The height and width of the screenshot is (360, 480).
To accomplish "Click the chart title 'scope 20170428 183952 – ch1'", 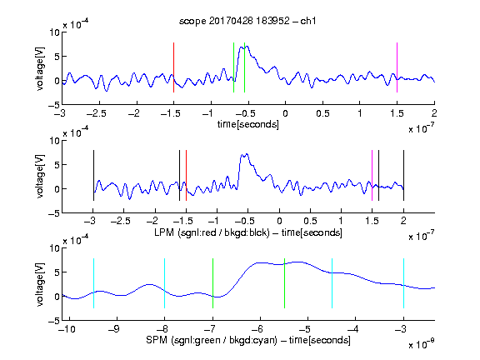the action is tap(247, 21).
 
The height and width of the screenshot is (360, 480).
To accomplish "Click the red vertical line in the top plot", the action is tap(173, 67).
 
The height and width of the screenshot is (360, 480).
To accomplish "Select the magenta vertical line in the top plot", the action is tap(397, 67).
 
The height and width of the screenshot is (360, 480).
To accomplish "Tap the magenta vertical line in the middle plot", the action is tap(372, 175).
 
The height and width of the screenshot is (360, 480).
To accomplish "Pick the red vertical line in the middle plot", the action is tap(186, 175).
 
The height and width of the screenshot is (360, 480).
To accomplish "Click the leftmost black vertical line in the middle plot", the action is tap(93, 175).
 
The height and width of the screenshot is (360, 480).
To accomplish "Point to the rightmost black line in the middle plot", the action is tap(404, 175).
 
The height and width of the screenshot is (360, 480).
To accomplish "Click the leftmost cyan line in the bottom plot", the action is tap(93, 283).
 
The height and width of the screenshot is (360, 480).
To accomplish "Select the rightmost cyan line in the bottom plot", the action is tap(404, 283).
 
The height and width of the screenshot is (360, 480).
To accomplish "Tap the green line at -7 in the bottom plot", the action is tap(212, 283).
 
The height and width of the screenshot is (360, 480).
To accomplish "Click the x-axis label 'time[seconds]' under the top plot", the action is tap(248, 124).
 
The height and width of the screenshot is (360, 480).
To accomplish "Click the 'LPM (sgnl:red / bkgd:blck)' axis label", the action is tap(212, 232).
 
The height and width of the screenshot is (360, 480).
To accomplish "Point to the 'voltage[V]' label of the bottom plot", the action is tap(40, 284).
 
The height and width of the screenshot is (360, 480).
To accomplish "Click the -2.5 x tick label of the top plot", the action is tap(97, 114).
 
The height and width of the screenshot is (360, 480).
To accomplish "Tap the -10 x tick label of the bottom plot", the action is tap(67, 329).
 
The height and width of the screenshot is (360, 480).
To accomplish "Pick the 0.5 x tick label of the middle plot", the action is tap(310, 221).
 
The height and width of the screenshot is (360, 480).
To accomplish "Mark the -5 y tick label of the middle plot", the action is tap(54, 213).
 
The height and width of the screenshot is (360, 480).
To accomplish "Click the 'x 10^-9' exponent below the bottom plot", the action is tap(421, 344).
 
